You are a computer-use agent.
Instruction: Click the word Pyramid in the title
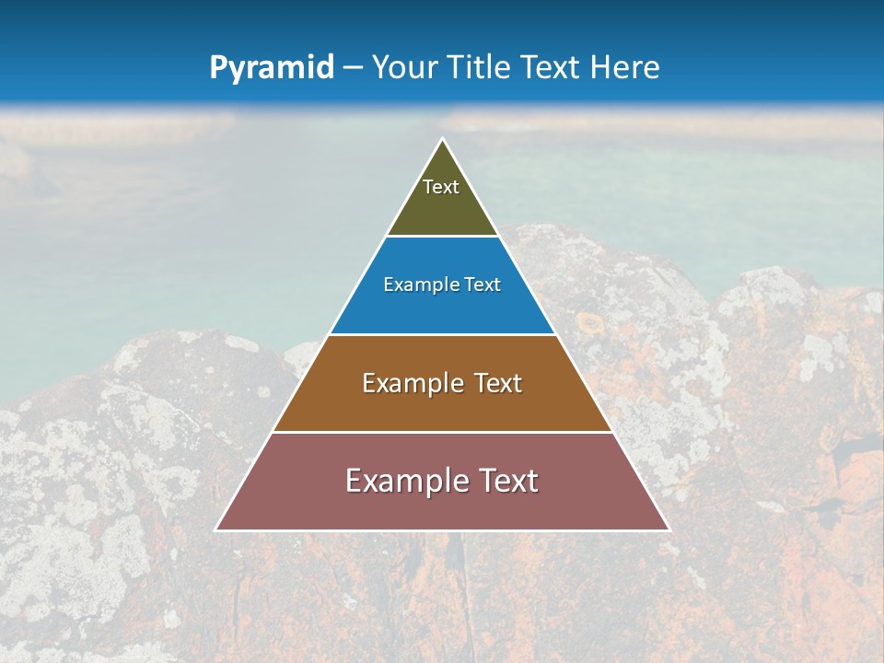click(271, 68)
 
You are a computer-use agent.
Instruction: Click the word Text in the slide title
click(552, 68)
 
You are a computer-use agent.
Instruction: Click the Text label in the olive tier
click(441, 187)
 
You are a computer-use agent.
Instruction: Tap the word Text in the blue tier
click(483, 285)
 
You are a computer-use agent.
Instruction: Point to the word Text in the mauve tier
click(507, 481)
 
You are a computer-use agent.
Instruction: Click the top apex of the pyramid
click(442, 140)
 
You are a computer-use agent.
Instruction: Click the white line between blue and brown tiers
click(442, 334)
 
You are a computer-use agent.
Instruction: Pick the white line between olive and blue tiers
click(442, 237)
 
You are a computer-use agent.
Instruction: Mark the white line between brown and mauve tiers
click(442, 432)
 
